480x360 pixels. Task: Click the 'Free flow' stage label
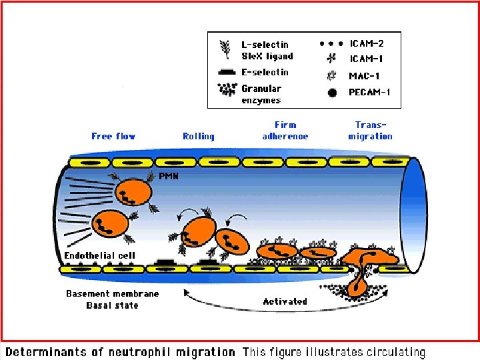pos(113,136)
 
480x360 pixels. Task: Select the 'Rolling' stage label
pos(199,136)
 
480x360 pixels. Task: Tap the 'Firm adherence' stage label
pos(285,130)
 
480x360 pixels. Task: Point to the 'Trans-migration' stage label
pos(370,130)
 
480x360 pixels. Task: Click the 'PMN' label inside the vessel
pos(168,177)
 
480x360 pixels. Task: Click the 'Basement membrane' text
pos(112,293)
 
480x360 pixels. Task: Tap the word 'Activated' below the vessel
pos(285,301)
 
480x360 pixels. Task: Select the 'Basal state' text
pos(112,305)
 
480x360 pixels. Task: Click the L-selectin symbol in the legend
pos(224,48)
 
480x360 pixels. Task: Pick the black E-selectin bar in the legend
pos(226,71)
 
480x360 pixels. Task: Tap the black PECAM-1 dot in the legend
pos(331,93)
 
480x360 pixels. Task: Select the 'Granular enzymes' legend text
pos(261,94)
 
